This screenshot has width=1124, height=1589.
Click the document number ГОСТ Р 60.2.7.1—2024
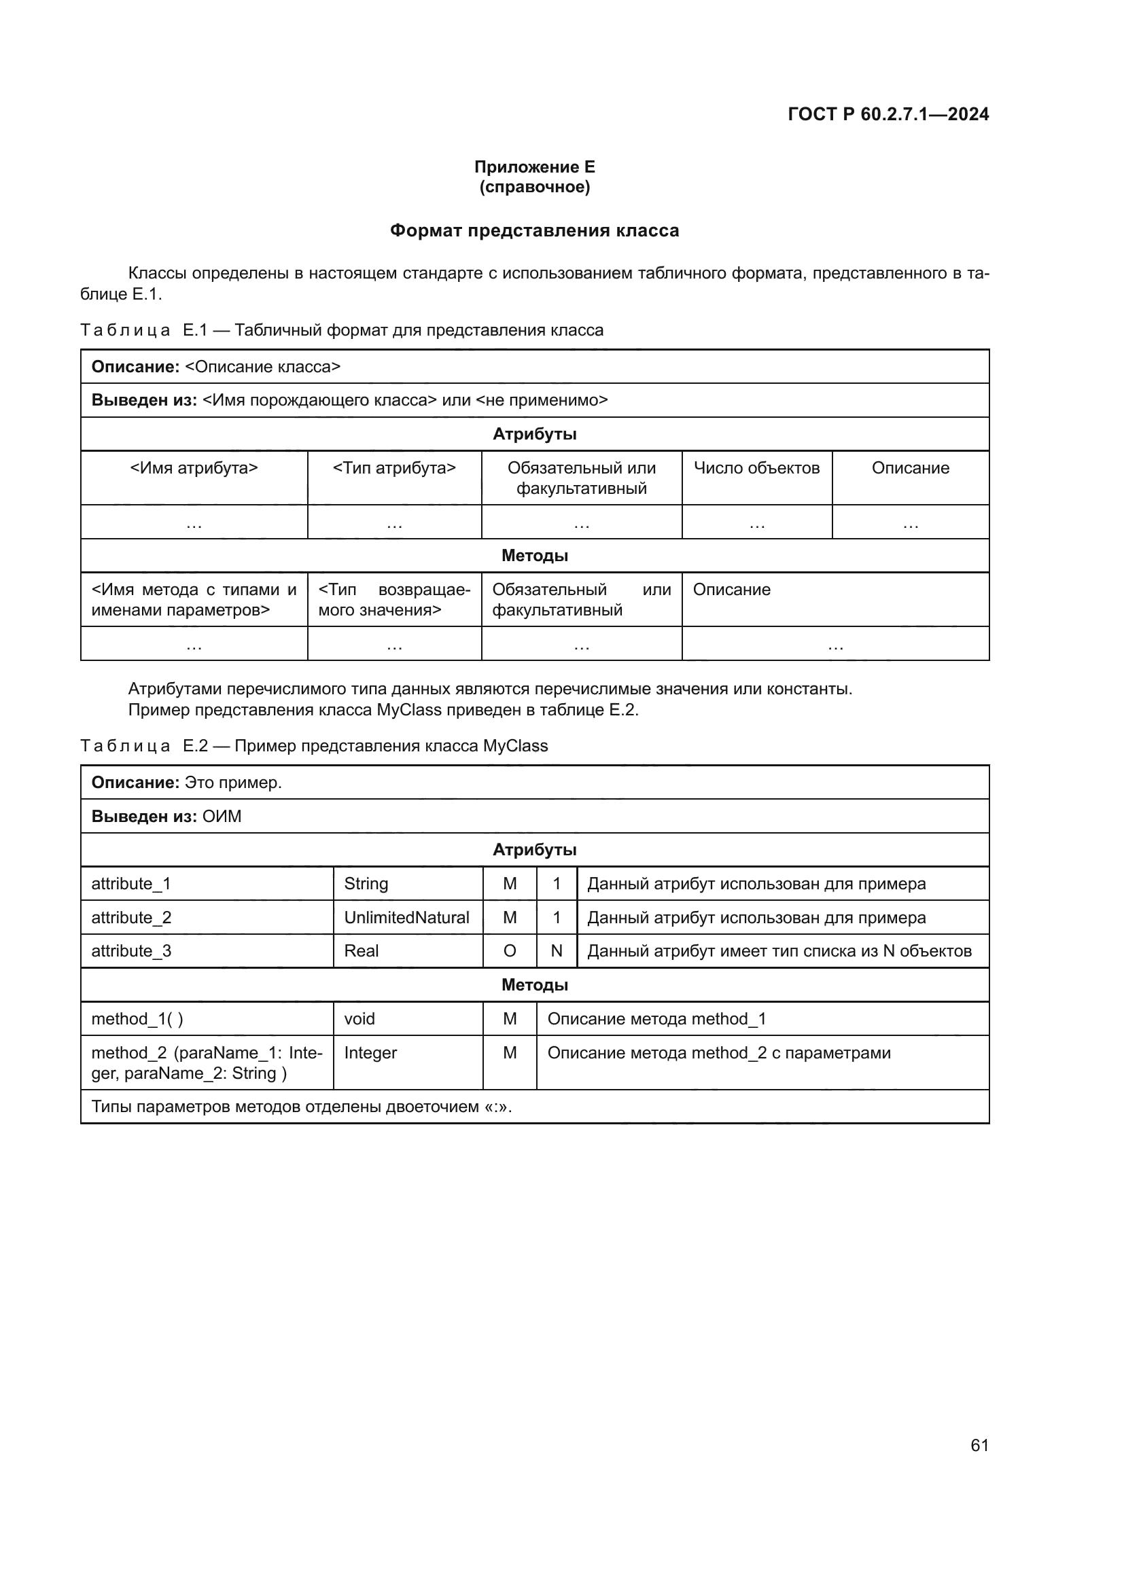pos(888,114)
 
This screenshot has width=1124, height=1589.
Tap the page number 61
pos(979,1445)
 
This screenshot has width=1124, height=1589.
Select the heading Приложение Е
pos(534,167)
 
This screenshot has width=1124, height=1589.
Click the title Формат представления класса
pos(534,230)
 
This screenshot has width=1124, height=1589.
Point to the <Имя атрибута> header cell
pos(194,468)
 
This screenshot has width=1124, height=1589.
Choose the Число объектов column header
pos(756,468)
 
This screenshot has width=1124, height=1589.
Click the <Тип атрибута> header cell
pos(394,468)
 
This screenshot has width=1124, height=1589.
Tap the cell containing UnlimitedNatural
pos(406,917)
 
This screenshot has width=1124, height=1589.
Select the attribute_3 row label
pos(132,951)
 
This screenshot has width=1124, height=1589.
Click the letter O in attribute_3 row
pos(510,951)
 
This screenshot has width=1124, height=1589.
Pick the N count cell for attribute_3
pos(557,951)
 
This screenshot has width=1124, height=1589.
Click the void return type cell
pos(359,1019)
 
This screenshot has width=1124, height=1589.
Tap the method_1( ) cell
pos(137,1019)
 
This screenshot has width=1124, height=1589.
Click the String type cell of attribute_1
pos(366,884)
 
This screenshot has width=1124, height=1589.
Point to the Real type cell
pos(362,951)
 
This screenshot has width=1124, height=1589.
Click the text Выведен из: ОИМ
pos(166,817)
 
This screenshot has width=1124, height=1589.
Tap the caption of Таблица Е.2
pos(314,746)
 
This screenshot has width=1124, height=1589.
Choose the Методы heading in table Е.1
pos(534,556)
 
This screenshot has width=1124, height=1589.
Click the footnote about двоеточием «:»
pos(302,1107)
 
